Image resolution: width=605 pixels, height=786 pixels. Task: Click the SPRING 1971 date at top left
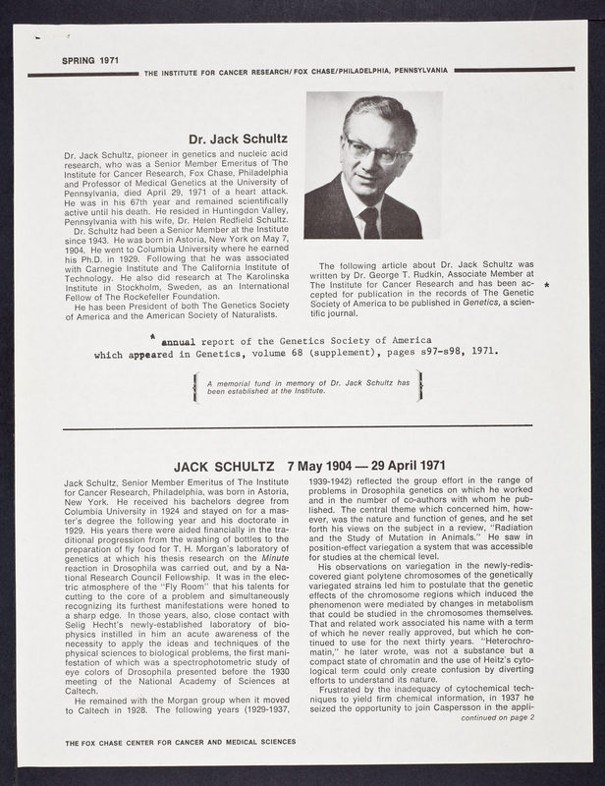[90, 61]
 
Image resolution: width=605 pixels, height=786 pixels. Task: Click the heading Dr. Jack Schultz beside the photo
[237, 140]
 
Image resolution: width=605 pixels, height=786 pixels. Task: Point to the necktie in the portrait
[370, 222]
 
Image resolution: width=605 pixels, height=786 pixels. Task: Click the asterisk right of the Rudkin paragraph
[546, 285]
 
